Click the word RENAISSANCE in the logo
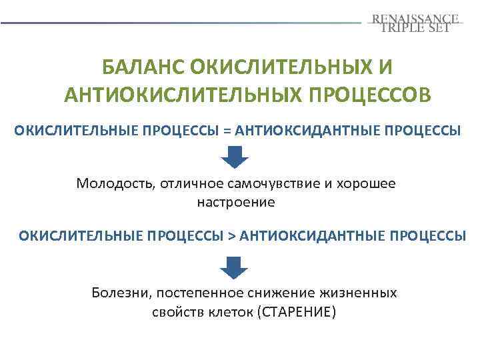(416, 18)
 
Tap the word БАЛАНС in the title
(142, 67)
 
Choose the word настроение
(235, 201)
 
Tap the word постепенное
(191, 293)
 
